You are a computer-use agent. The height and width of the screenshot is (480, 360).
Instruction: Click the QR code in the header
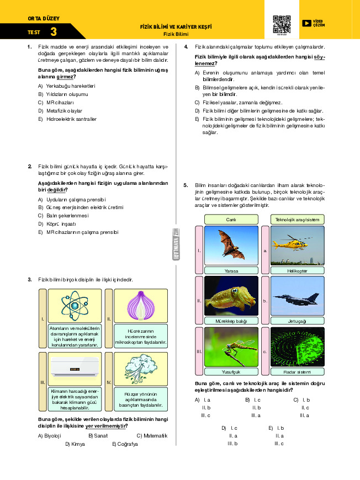(282, 24)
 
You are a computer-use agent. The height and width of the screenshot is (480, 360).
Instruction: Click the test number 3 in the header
(53, 32)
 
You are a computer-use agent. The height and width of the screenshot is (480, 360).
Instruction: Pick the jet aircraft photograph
(297, 296)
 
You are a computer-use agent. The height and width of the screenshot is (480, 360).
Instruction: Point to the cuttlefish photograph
(231, 296)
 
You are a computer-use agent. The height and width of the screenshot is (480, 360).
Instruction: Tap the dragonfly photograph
(231, 347)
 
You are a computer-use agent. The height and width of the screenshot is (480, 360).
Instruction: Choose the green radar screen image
(297, 347)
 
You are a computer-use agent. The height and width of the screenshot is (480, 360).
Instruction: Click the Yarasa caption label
(231, 270)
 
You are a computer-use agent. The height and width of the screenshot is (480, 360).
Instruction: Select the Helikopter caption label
(297, 270)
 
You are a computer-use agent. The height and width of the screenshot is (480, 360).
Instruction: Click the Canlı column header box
(231, 220)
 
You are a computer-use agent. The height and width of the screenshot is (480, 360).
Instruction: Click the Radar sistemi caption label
(297, 372)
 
